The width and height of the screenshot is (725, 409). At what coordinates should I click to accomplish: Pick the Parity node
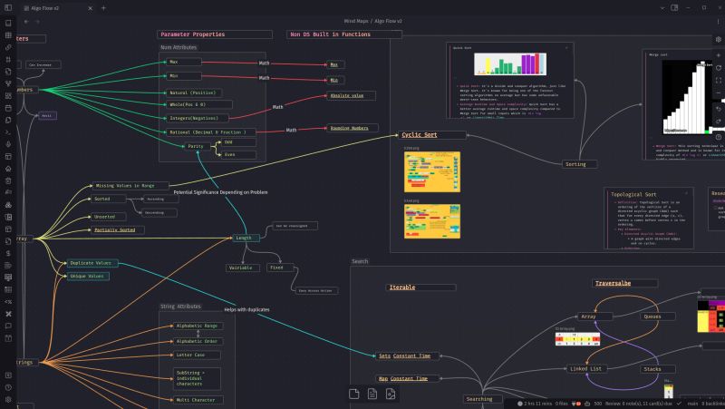click(x=196, y=146)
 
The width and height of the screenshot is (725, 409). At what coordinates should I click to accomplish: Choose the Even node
click(x=229, y=155)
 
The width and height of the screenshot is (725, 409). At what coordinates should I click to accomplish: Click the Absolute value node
click(x=346, y=95)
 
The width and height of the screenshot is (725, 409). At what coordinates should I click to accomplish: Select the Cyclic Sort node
click(x=419, y=135)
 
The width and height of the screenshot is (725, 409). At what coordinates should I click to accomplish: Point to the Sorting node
click(x=575, y=164)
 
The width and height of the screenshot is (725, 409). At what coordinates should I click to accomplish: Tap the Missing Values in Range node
click(x=131, y=185)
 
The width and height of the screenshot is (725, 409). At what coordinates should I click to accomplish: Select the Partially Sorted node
click(x=114, y=230)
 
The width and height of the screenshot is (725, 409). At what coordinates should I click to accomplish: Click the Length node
click(x=243, y=239)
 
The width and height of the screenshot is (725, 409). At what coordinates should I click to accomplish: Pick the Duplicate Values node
click(x=92, y=263)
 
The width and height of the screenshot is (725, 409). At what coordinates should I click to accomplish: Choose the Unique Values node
click(x=89, y=276)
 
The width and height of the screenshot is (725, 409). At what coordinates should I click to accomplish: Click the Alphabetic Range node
click(x=197, y=326)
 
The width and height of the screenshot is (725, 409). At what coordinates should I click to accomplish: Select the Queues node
click(x=652, y=316)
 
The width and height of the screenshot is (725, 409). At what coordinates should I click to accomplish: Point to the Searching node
click(x=479, y=399)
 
